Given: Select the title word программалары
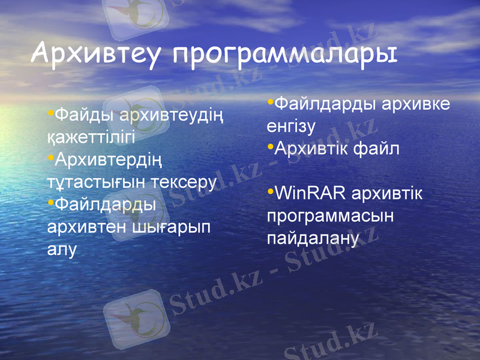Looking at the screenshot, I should (x=285, y=54).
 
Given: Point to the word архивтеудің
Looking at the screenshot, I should (x=172, y=114).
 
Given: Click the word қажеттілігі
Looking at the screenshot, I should (x=91, y=137).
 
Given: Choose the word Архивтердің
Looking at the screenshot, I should (x=108, y=160).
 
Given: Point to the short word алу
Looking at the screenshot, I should (x=62, y=250).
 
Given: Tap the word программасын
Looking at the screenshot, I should (x=331, y=216).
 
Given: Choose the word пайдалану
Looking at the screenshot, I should (x=313, y=239).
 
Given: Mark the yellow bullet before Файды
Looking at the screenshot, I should (x=50, y=112).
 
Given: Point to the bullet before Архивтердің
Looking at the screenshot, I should (x=50, y=157).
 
